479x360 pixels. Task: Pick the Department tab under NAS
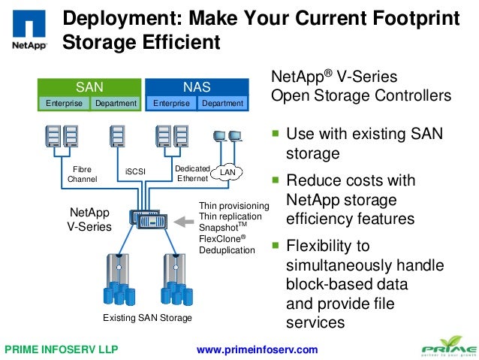(222, 103)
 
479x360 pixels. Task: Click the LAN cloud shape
(227, 174)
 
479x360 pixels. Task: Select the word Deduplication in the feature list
(227, 250)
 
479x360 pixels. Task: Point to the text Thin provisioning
(233, 205)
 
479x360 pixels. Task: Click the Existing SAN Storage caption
(147, 318)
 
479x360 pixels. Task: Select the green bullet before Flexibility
(276, 245)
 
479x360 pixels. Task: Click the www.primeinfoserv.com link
(257, 349)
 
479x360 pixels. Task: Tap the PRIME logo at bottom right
(447, 348)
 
